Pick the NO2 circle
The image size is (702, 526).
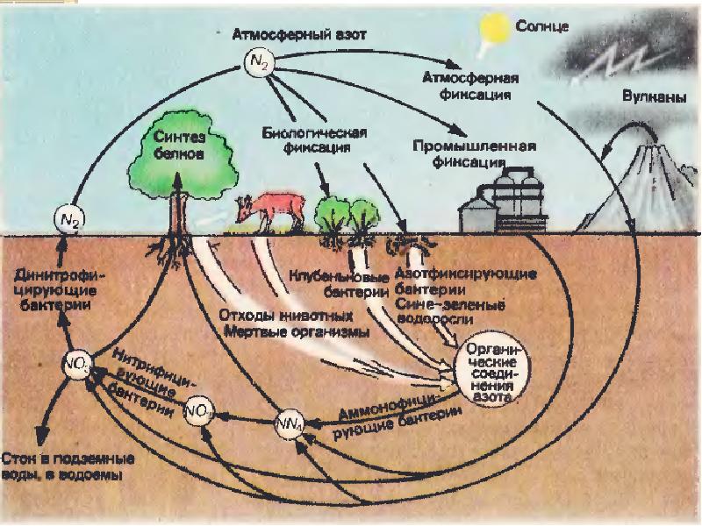[x=197, y=409]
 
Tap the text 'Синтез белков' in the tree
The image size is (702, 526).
[x=178, y=144]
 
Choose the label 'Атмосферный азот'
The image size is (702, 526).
[x=298, y=35]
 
